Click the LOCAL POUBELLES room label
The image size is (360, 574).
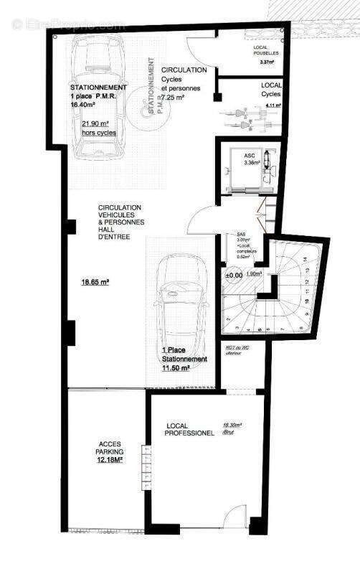click(267, 50)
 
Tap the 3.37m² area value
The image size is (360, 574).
click(267, 62)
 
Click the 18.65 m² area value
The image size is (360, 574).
click(95, 283)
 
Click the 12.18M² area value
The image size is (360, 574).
click(110, 461)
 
